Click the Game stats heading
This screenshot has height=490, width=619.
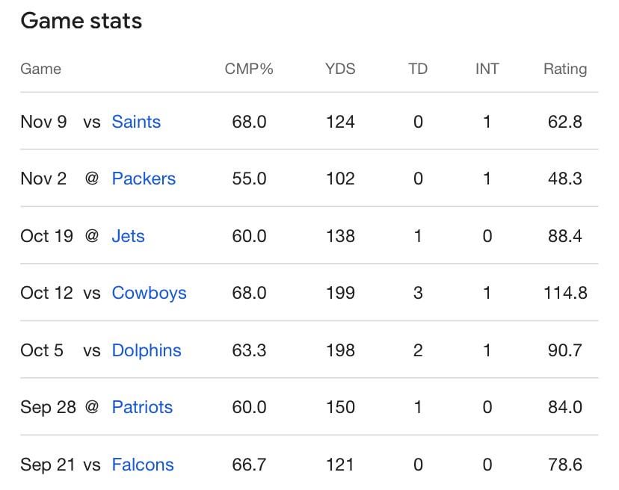[x=81, y=21]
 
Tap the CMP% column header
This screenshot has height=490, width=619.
[x=249, y=69]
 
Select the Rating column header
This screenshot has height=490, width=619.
[x=564, y=69]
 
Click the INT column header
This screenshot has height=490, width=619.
[x=487, y=69]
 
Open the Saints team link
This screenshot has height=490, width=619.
[x=136, y=122]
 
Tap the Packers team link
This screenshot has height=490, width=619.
[x=144, y=179]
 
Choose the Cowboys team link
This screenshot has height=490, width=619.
[x=149, y=293]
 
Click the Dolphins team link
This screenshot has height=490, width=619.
[x=147, y=350]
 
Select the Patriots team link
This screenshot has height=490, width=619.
[x=142, y=407]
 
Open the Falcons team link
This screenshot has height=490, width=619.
[x=143, y=465]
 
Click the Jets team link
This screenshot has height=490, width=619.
[x=128, y=236]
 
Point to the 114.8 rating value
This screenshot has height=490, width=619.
[x=565, y=293]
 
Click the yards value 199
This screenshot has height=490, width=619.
[x=340, y=293]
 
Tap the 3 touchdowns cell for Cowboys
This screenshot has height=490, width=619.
[x=418, y=293]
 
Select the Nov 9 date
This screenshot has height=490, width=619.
[x=43, y=122]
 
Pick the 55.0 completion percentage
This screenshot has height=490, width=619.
[x=249, y=179]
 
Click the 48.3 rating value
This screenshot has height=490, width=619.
[x=565, y=179]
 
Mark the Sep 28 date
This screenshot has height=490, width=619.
[x=47, y=407]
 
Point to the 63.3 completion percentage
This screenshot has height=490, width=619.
[x=249, y=350]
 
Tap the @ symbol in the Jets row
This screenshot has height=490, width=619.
[x=92, y=236]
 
